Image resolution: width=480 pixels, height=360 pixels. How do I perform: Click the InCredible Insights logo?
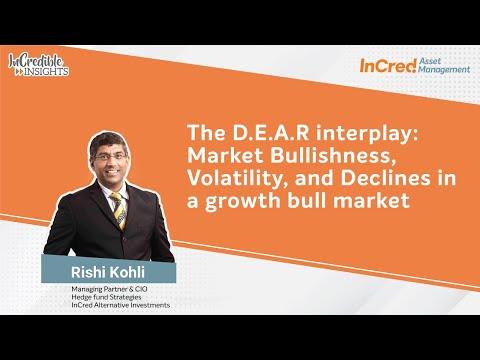pos(39,65)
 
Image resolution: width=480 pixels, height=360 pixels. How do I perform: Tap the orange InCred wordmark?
pos(388,66)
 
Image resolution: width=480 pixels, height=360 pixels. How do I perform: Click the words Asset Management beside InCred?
pos(444,65)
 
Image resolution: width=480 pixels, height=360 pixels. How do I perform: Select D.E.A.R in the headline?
pos(271,133)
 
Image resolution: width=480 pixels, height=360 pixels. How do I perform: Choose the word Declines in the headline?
pos(385,178)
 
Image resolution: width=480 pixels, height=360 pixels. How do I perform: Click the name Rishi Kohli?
pos(108,272)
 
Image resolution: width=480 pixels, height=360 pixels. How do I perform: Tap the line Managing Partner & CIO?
pos(109,289)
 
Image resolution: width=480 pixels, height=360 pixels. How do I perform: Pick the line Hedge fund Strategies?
pos(106,297)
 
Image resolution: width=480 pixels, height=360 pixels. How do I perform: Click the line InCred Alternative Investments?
pos(121,305)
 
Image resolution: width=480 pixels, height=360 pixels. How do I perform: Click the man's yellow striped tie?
pos(119,211)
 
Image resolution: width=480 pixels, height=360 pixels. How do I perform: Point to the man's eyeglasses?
pos(110,157)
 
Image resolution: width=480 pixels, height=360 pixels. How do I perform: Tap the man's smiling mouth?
pos(112,172)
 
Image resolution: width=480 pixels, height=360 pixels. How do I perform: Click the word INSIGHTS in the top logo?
pos(46,71)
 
